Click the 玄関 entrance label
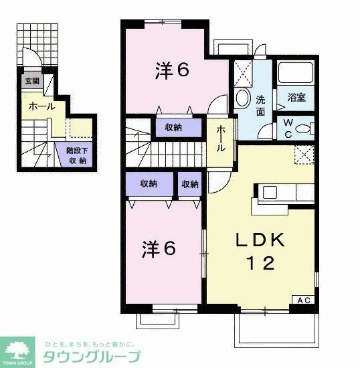(31, 82)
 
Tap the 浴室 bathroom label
(296, 98)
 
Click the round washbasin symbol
(242, 98)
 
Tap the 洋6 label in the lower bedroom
(159, 249)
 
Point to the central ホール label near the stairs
(221, 140)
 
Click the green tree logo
(19, 349)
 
